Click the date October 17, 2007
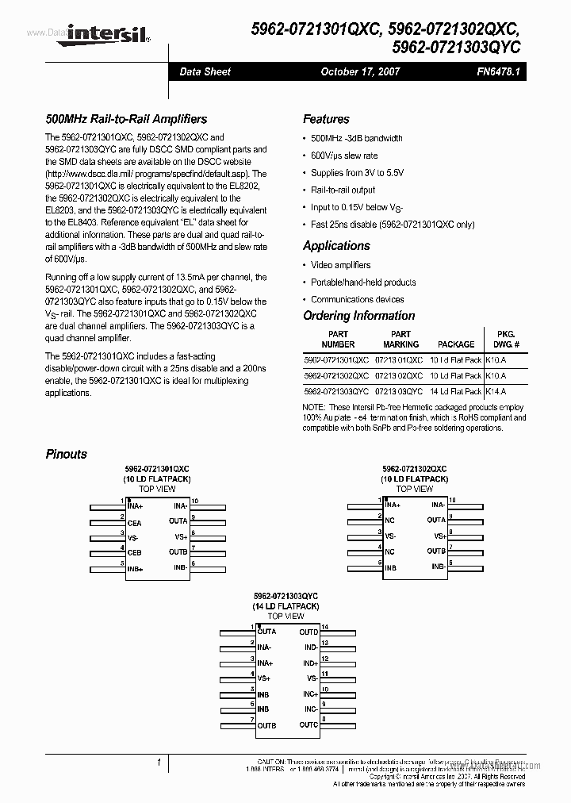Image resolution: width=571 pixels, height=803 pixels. [x=360, y=71]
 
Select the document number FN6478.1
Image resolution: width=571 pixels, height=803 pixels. [x=496, y=71]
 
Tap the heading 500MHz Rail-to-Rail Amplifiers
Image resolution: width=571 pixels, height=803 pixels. [x=126, y=119]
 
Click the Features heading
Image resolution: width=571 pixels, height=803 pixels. [x=326, y=119]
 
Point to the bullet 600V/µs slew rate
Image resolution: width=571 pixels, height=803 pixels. [x=344, y=156]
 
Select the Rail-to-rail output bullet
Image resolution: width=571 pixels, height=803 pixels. [x=343, y=190]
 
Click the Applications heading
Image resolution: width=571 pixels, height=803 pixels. [x=336, y=246]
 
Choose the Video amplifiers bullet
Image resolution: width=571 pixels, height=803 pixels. [x=340, y=265]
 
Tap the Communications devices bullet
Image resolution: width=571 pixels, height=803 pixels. [x=357, y=299]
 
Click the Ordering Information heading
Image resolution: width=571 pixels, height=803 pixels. [x=358, y=316]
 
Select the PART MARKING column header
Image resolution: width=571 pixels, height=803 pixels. [x=400, y=340]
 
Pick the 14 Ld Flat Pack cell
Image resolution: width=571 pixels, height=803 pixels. [x=455, y=391]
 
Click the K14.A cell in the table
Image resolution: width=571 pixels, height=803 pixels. [x=496, y=391]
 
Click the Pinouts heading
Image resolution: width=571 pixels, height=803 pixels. [x=67, y=454]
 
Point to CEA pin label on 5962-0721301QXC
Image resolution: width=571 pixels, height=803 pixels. [x=135, y=524]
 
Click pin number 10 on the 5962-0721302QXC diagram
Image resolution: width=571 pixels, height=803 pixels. [x=452, y=501]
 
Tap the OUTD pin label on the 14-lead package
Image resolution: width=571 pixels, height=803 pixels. [x=308, y=632]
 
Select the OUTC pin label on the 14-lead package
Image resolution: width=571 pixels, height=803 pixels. [x=308, y=724]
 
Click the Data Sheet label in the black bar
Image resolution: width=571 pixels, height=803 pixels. [x=205, y=71]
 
